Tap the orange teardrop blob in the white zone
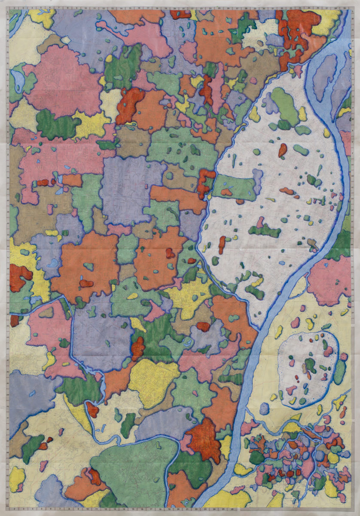(282, 150)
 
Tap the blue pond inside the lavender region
(53, 263)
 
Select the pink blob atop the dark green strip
(260, 222)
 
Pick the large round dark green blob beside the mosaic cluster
(257, 457)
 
